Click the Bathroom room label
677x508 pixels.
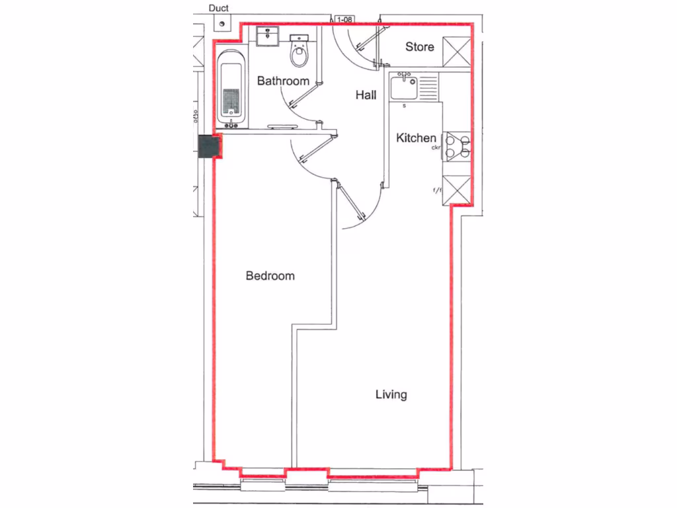pos(283,81)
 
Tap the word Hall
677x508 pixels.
pos(366,95)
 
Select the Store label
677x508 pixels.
pos(419,47)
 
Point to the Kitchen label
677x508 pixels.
pos(416,138)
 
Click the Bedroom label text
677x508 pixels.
pos(270,276)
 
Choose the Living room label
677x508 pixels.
pos(391,395)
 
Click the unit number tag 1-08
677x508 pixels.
pos(344,21)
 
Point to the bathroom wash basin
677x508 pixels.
pos(268,36)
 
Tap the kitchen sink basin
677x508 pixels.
pos(403,87)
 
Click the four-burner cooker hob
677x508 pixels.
pos(457,146)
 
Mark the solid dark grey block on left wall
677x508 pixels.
pos(211,147)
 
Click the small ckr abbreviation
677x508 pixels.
pos(436,148)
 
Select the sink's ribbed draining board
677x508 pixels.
pos(428,87)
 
